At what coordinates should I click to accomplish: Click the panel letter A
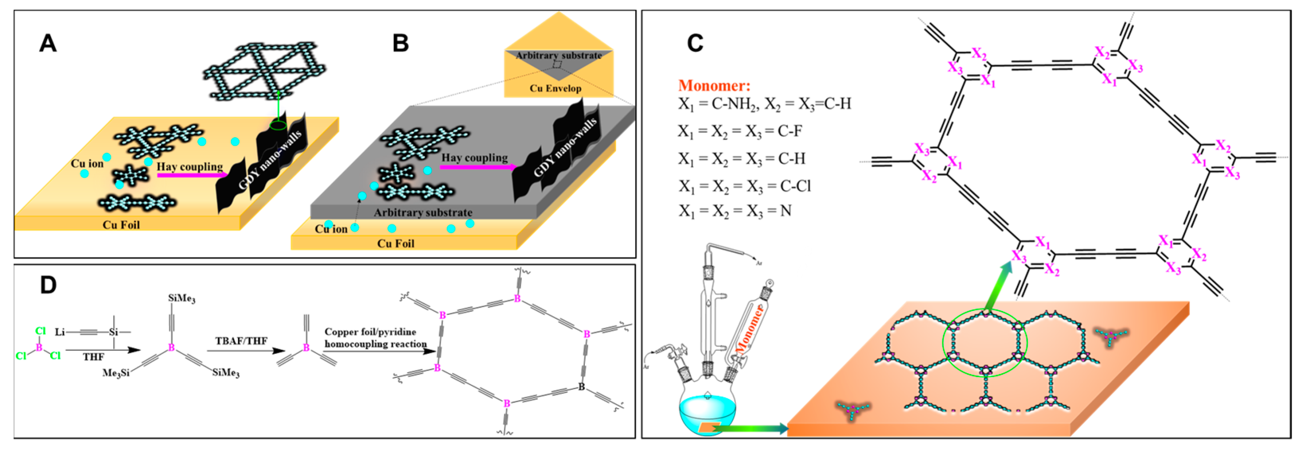48,44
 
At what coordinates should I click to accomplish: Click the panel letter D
48,286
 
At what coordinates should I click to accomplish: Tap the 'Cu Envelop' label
555,89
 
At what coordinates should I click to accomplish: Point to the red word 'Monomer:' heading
714,86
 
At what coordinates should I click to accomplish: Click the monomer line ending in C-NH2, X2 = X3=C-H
764,104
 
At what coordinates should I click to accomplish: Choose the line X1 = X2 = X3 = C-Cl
744,186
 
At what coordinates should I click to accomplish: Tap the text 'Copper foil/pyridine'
370,332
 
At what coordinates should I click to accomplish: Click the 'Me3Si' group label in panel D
116,373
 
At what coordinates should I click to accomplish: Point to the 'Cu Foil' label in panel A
121,225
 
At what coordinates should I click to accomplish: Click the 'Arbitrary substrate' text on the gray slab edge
423,213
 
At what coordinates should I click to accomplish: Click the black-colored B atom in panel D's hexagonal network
581,387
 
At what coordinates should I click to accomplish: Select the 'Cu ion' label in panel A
87,163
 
